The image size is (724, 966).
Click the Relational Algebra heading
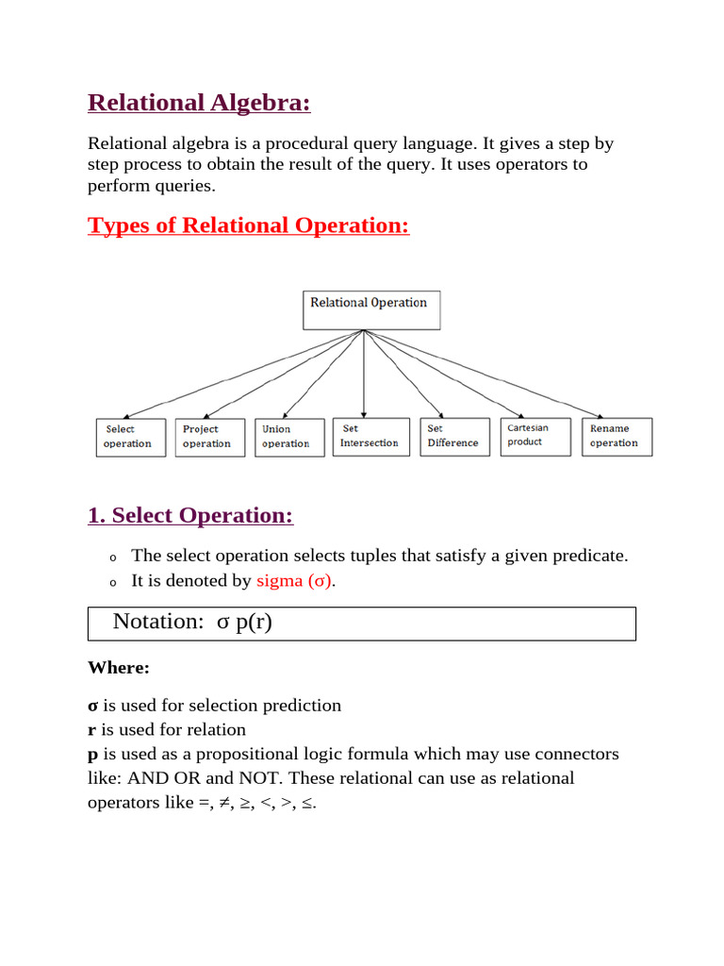pyautogui.click(x=199, y=102)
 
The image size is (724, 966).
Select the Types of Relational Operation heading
pyautogui.click(x=248, y=225)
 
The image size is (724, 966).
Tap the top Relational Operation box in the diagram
pyautogui.click(x=370, y=309)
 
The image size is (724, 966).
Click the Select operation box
pyautogui.click(x=130, y=438)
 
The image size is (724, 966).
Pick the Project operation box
pyautogui.click(x=209, y=438)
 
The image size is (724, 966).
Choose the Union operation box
pyautogui.click(x=289, y=438)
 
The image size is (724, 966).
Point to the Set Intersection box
pyautogui.click(x=370, y=437)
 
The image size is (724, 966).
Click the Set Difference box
pyautogui.click(x=454, y=437)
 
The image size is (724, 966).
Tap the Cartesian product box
pyautogui.click(x=535, y=436)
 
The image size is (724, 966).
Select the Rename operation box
pyautogui.click(x=617, y=437)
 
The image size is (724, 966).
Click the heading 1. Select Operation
pyautogui.click(x=190, y=516)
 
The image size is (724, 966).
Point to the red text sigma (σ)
pyautogui.click(x=294, y=581)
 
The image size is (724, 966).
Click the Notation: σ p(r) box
pyautogui.click(x=361, y=623)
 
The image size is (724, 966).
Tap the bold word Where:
pyautogui.click(x=118, y=668)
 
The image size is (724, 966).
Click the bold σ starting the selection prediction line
pyautogui.click(x=92, y=706)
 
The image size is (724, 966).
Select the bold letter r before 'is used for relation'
pyautogui.click(x=91, y=730)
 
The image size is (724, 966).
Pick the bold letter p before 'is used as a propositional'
pyautogui.click(x=92, y=755)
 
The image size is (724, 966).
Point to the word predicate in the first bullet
pyautogui.click(x=589, y=557)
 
